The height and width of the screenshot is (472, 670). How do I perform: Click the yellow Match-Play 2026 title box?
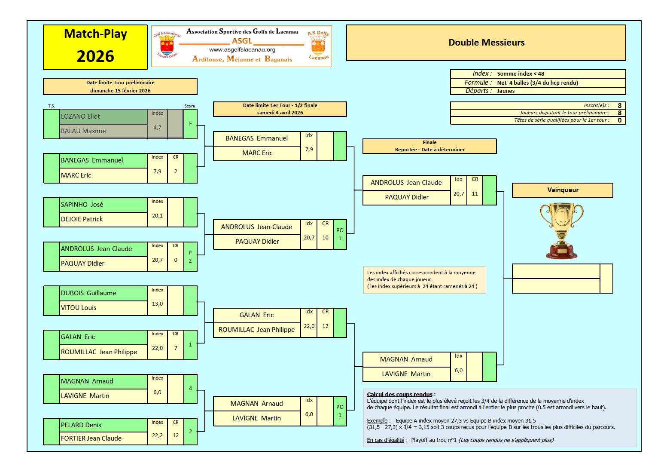pyautogui.click(x=95, y=47)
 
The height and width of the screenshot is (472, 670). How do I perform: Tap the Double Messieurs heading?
pyautogui.click(x=486, y=43)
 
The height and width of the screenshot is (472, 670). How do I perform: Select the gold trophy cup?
pyautogui.click(x=561, y=231)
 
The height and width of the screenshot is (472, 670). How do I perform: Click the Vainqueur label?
pyautogui.click(x=563, y=190)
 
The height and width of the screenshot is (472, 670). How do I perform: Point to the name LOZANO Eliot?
pyautogui.click(x=80, y=116)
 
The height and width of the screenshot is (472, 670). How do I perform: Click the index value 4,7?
pyautogui.click(x=157, y=128)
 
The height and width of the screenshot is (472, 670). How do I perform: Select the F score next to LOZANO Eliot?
pyautogui.click(x=190, y=124)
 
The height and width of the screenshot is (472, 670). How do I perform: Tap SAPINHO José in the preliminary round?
pyautogui.click(x=82, y=205)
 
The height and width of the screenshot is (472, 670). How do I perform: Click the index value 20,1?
pyautogui.click(x=157, y=215)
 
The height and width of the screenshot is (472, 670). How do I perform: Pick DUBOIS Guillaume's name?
pyautogui.click(x=88, y=293)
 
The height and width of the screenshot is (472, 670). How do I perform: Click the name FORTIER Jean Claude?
pyautogui.click(x=91, y=438)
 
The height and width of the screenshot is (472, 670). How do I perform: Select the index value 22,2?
pyautogui.click(x=157, y=435)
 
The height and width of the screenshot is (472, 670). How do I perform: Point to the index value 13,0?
pyautogui.click(x=157, y=304)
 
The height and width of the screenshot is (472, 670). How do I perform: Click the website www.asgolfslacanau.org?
pyautogui.click(x=242, y=50)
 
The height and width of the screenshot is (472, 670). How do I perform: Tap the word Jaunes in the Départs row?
pyautogui.click(x=506, y=91)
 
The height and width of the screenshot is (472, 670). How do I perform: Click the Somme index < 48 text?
pyautogui.click(x=521, y=74)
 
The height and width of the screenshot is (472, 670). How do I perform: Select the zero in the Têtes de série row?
pyautogui.click(x=619, y=120)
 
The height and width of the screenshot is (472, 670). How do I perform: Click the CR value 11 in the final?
pyautogui.click(x=475, y=193)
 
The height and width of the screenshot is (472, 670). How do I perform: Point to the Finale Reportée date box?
pyautogui.click(x=429, y=146)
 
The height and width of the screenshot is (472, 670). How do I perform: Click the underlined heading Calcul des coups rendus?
pyautogui.click(x=399, y=395)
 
